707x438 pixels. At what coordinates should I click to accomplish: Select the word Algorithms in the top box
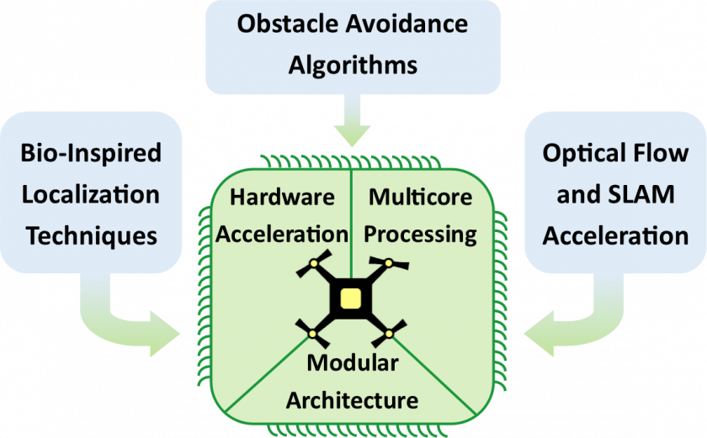click(x=352, y=66)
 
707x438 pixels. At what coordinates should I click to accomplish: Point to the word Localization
click(x=90, y=194)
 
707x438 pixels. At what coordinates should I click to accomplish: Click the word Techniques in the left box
click(x=91, y=235)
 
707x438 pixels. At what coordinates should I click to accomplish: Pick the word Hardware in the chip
click(x=283, y=198)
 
